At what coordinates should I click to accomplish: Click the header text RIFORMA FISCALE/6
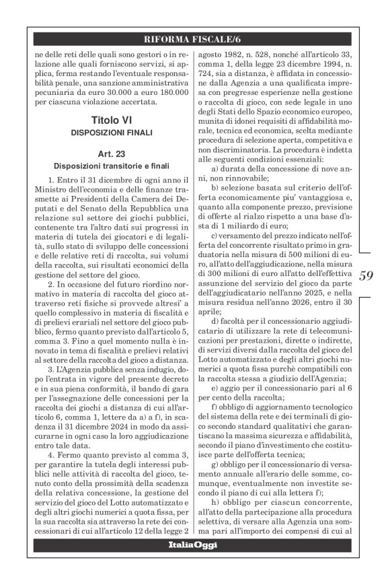coord(196,38)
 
